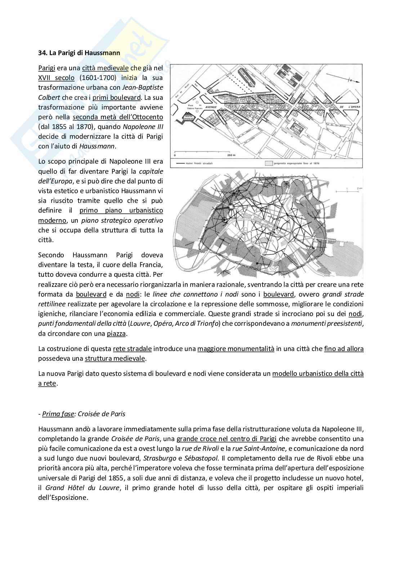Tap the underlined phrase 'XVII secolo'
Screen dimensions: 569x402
pyautogui.click(x=56, y=78)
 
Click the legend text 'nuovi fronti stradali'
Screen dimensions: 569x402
pyautogui.click(x=199, y=163)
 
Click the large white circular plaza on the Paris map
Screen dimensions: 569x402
pyautogui.click(x=231, y=207)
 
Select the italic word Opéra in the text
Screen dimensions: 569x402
pyautogui.click(x=163, y=324)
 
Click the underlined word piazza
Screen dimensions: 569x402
pyautogui.click(x=116, y=334)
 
